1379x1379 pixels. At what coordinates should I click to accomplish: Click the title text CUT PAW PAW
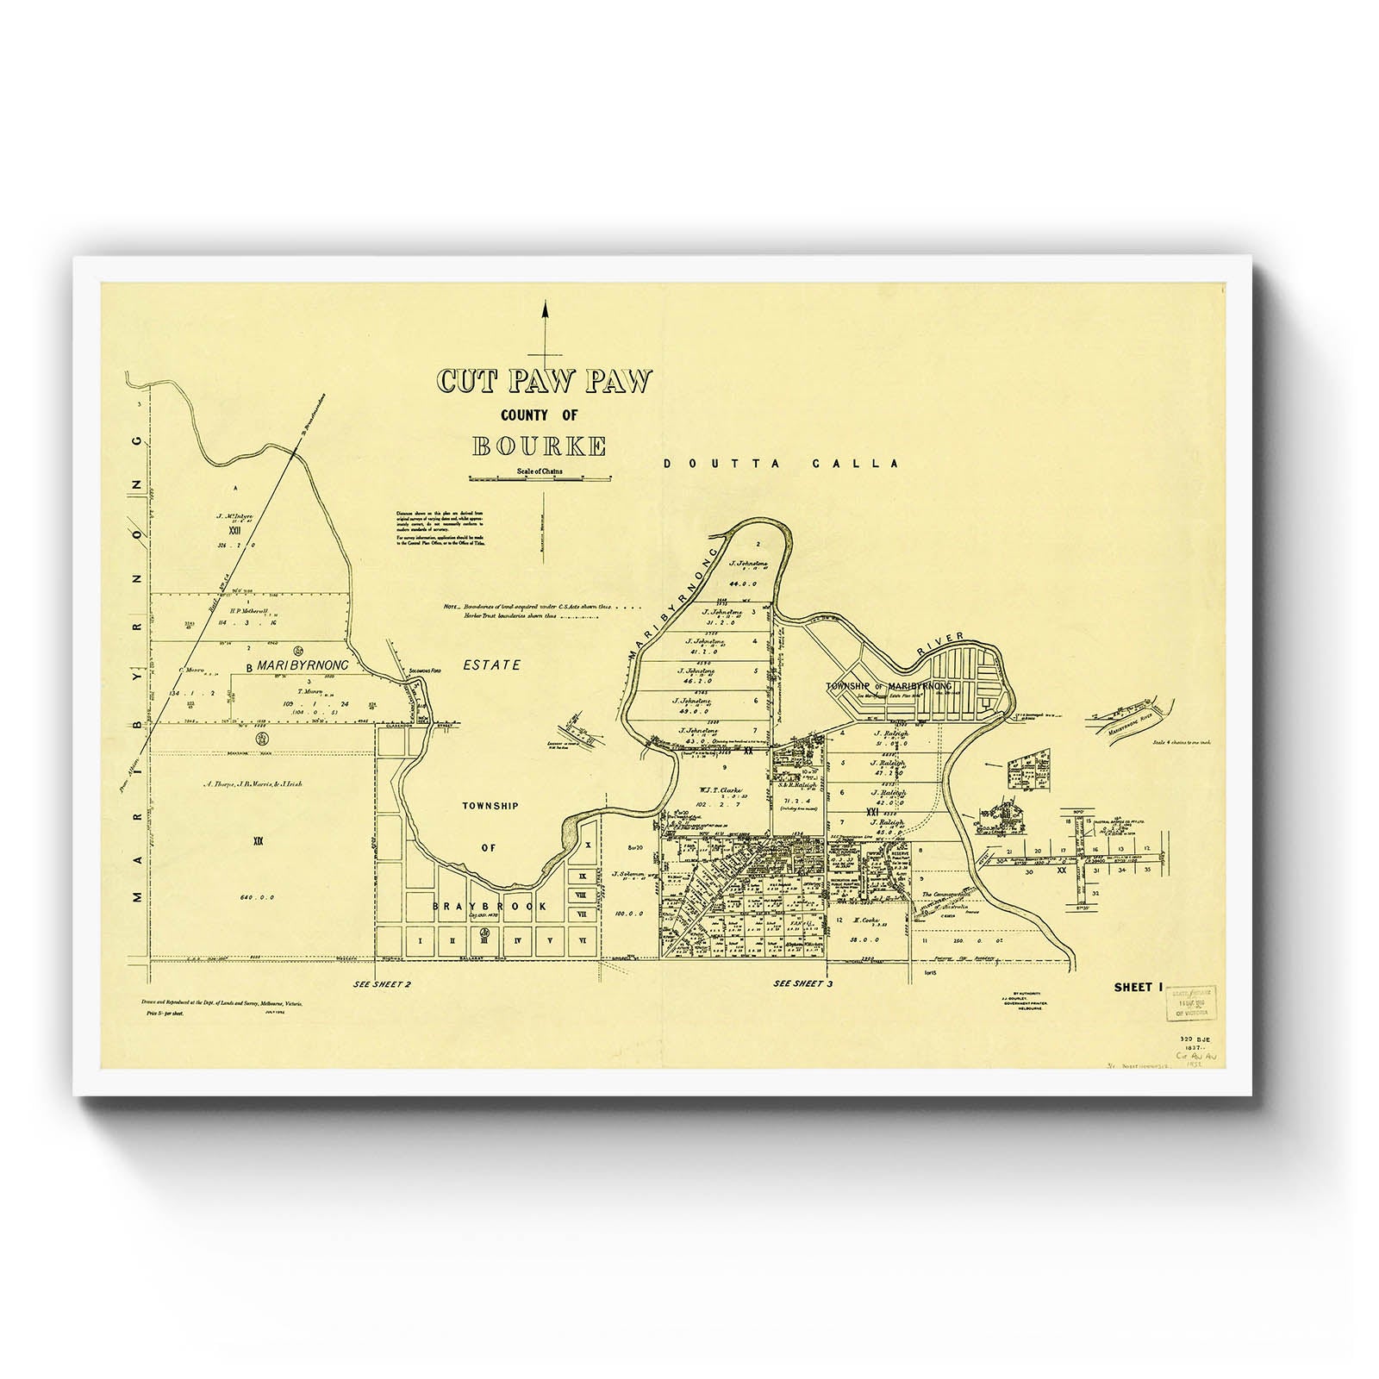point(544,382)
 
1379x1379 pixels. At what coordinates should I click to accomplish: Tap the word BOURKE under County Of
point(539,446)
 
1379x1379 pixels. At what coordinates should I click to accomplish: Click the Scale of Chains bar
point(540,477)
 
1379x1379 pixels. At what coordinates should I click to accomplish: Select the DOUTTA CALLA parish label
point(781,464)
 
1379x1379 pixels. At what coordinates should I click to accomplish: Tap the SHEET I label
point(1133,987)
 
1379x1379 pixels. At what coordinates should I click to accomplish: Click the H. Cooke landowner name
point(864,920)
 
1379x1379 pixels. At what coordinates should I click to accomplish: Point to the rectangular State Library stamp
point(1193,1003)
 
